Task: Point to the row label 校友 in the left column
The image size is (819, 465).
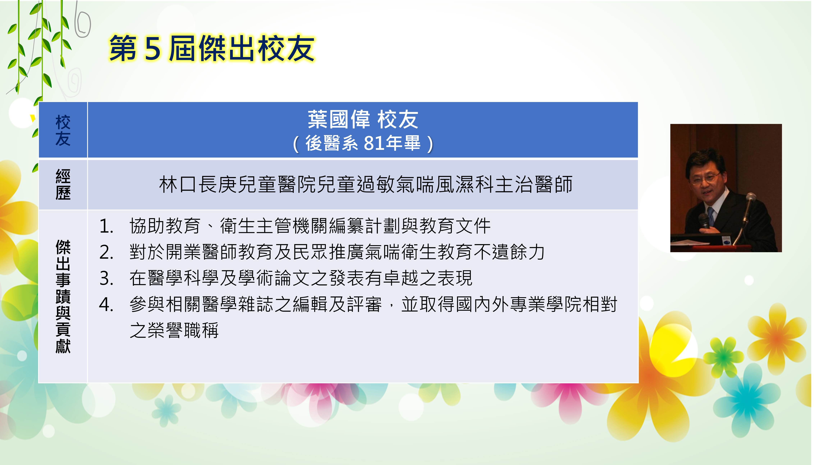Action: [63, 131]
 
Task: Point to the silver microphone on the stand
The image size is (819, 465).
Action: [750, 197]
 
